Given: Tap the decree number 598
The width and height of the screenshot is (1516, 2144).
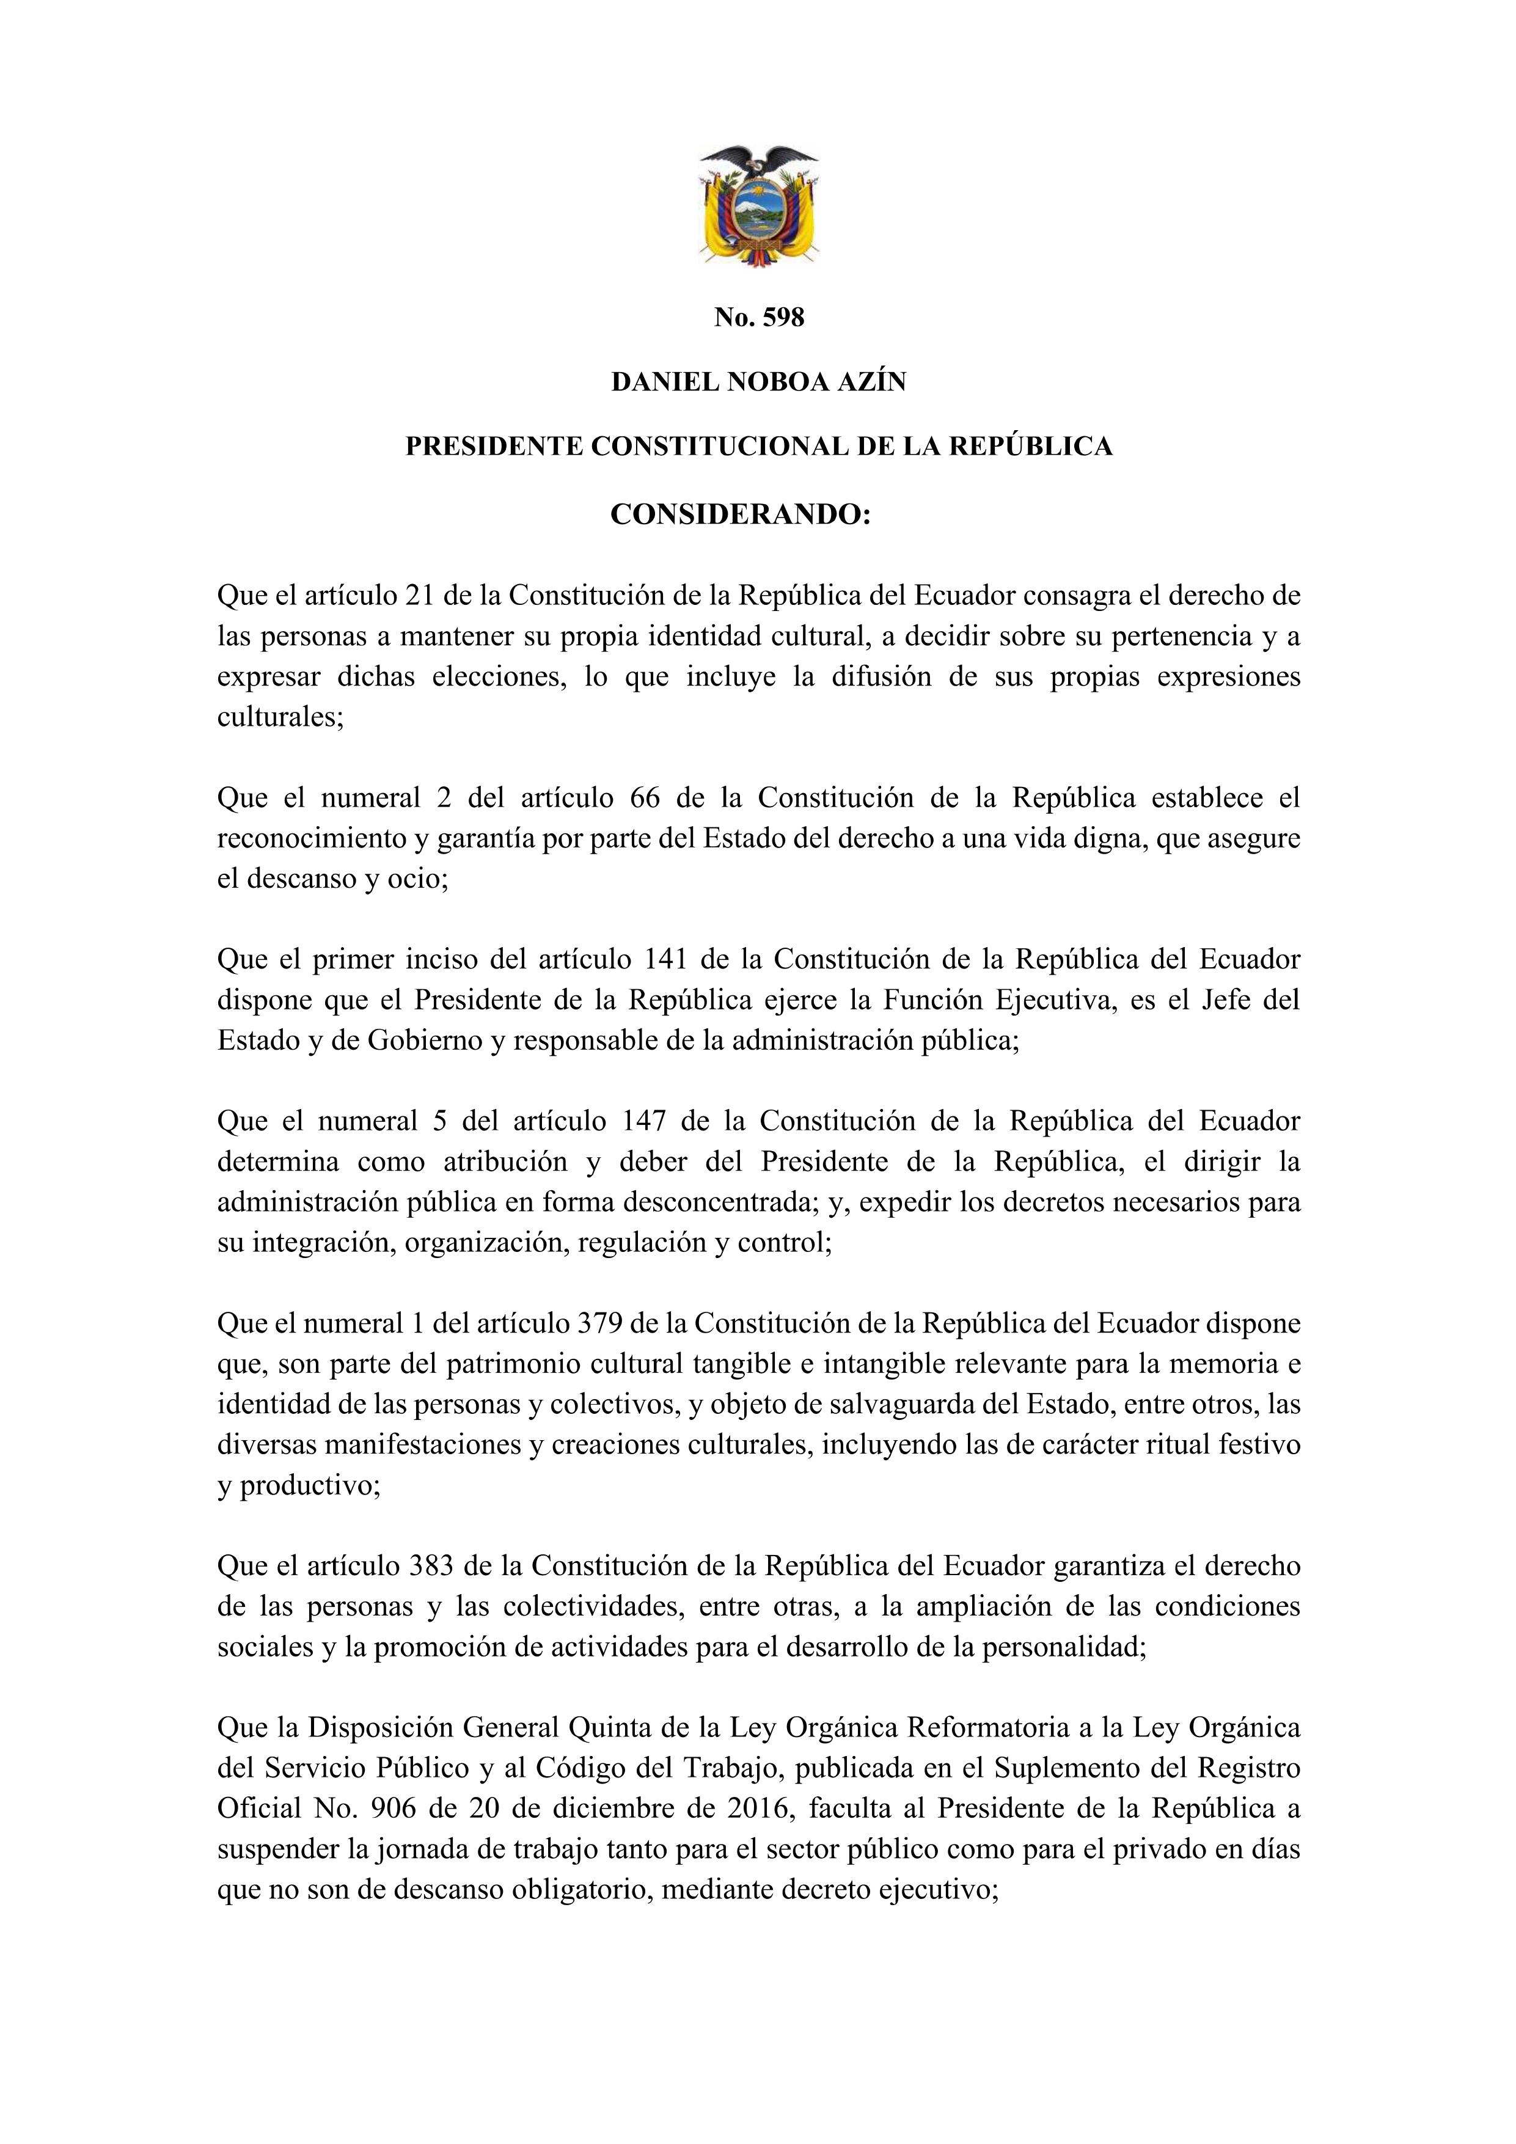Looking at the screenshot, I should (783, 318).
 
